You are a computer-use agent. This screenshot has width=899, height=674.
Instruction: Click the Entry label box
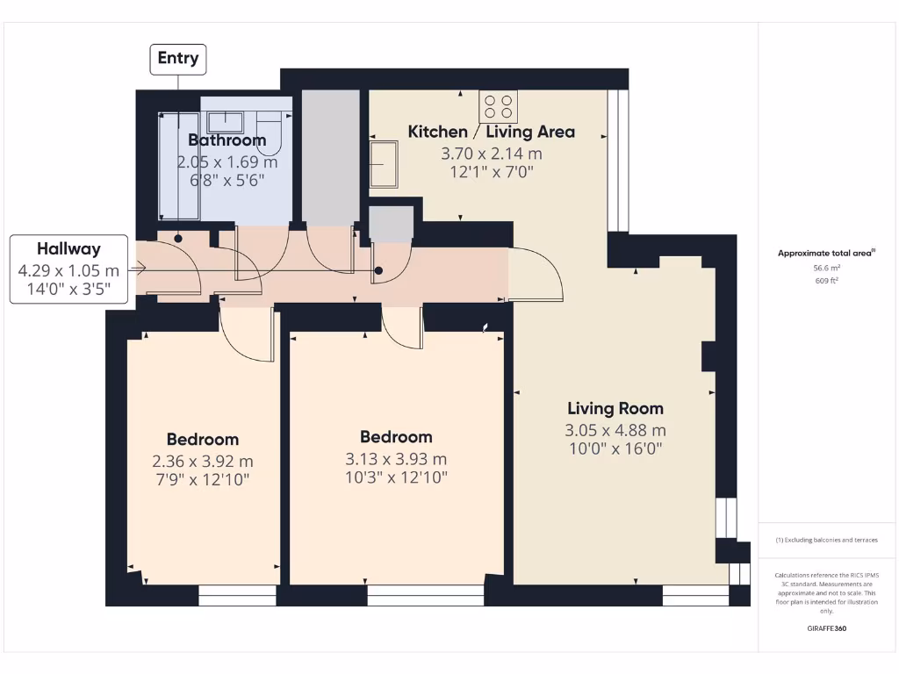178,59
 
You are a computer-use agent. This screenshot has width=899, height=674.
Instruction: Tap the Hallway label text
68,249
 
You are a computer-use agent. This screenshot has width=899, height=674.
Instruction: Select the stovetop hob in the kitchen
498,107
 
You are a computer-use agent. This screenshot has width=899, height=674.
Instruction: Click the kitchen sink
384,164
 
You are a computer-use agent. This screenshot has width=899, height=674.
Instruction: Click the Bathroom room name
227,140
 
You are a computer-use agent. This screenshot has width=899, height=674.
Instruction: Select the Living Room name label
615,408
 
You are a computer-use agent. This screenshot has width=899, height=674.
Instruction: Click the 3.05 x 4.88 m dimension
615,430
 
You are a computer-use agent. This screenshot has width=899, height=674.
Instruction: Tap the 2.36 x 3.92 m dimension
203,462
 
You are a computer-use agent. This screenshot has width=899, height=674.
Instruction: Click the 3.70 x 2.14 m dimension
491,153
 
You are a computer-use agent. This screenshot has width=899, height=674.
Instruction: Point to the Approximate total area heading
825,254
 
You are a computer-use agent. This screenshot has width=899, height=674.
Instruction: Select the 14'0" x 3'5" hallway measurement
68,289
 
